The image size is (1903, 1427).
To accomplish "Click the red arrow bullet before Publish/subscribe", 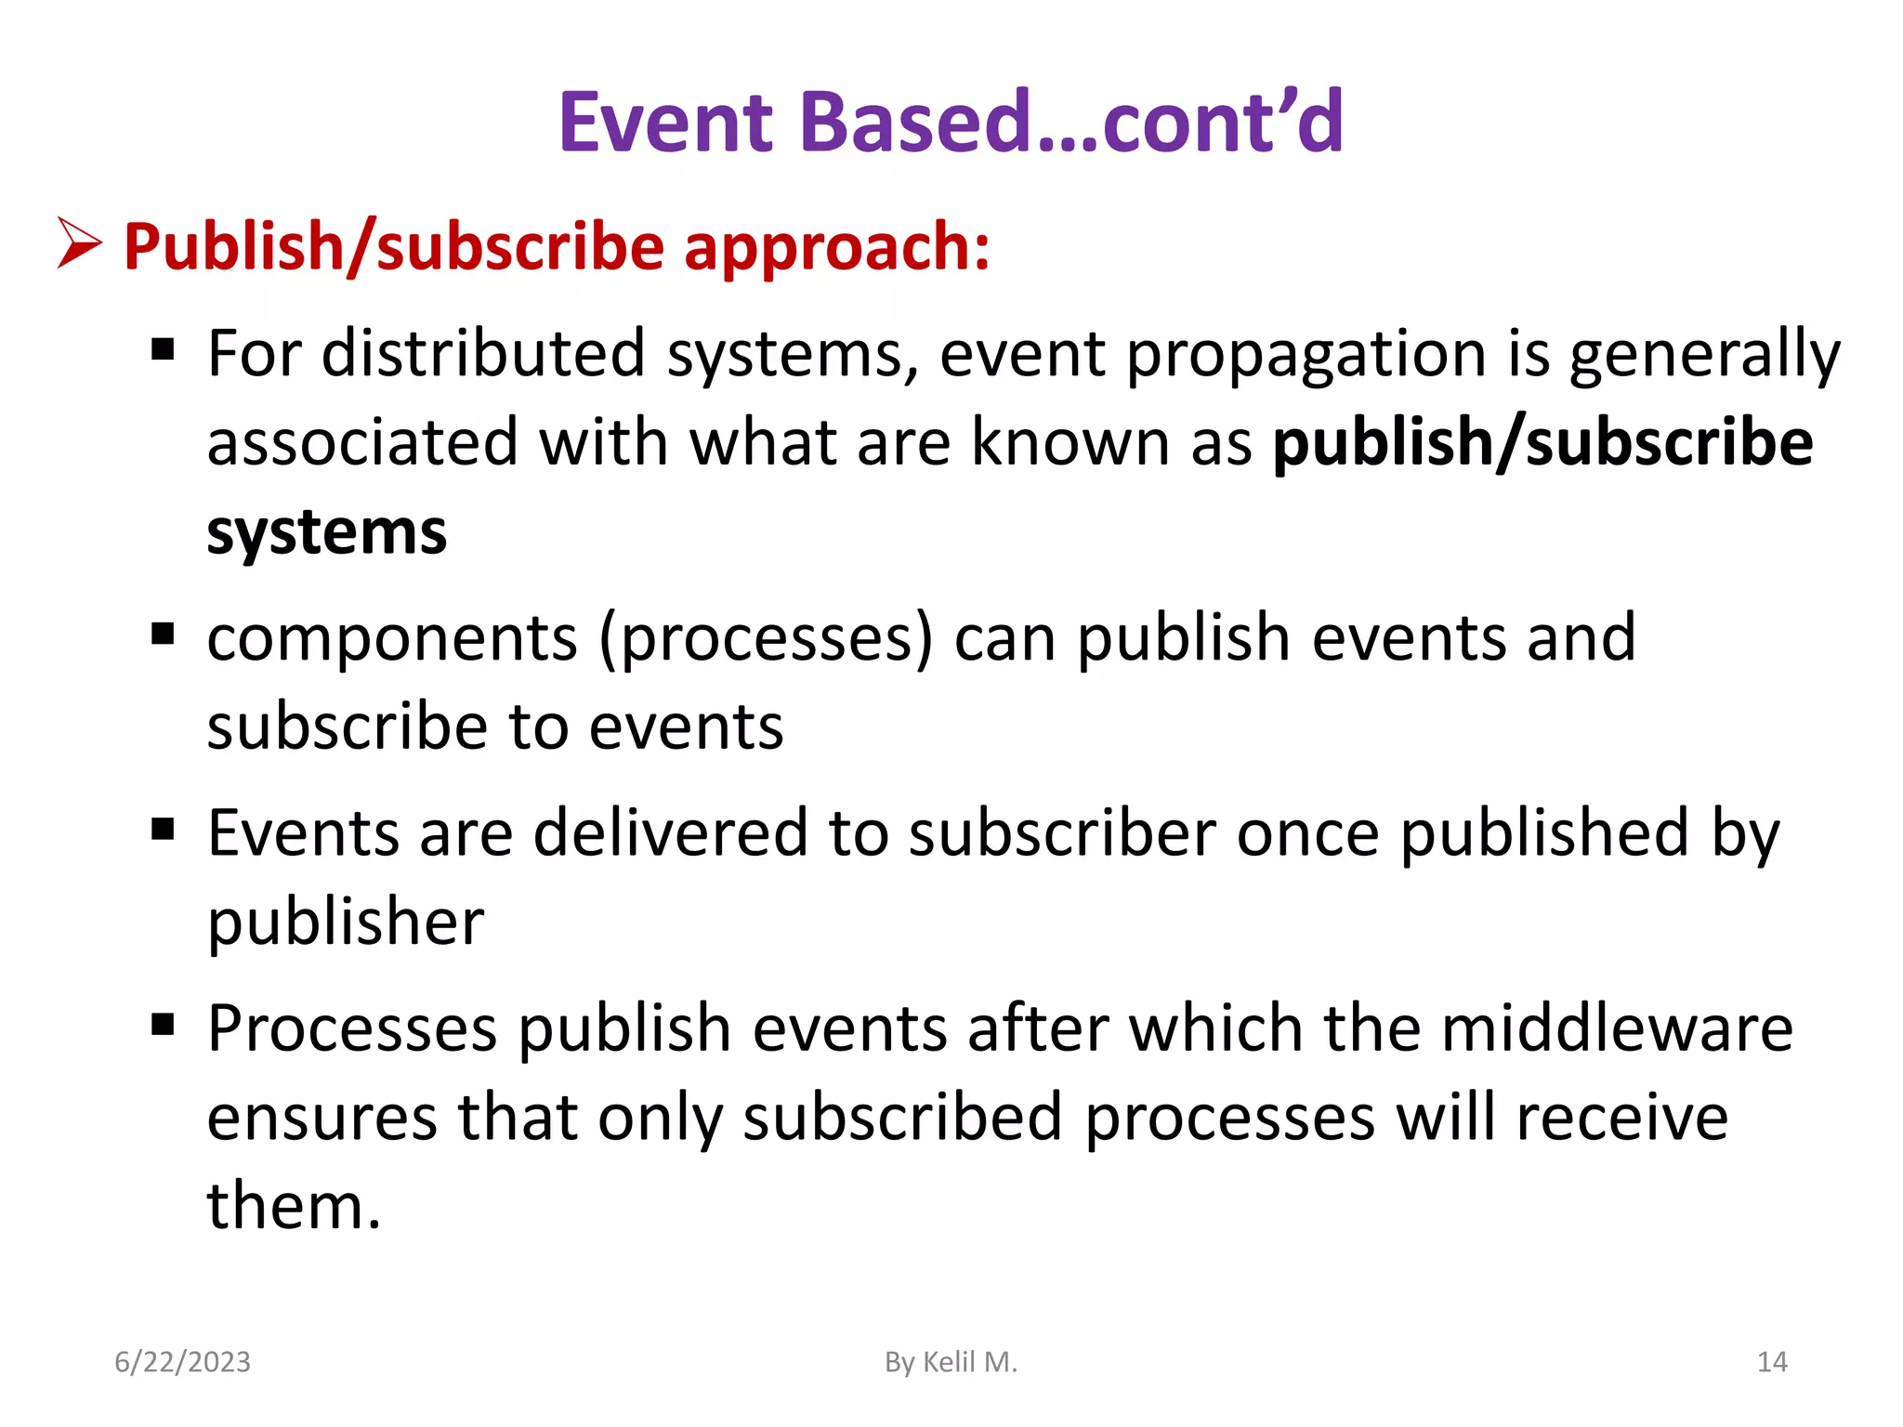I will [x=79, y=243].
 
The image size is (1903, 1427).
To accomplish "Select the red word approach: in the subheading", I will [x=836, y=249].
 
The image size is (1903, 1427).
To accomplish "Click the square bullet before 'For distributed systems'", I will [x=163, y=350].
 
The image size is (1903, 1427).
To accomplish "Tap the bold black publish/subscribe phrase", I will [x=1542, y=442].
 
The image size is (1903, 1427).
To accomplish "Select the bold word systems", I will [x=326, y=533].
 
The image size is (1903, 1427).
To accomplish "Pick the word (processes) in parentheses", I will [x=766, y=639].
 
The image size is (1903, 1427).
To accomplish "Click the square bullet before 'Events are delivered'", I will [x=163, y=829].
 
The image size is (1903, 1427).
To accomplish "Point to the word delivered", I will [x=670, y=832].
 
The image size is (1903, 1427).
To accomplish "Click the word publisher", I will [x=346, y=923].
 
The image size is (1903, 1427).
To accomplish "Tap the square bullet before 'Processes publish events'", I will [x=163, y=1025].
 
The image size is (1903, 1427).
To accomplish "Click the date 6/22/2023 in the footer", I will [x=182, y=1362].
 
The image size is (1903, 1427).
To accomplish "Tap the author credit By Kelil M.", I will [x=951, y=1362].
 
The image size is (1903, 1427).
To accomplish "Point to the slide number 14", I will [x=1772, y=1362].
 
